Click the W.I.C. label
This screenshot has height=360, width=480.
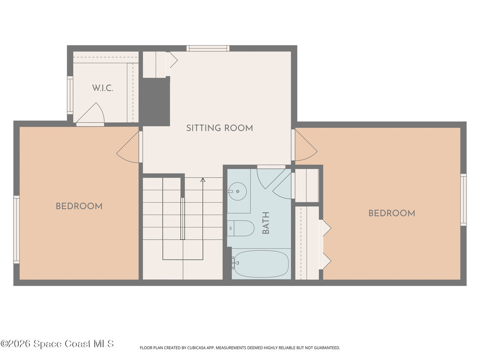(x=103, y=88)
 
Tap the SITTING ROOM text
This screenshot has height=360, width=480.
(x=219, y=128)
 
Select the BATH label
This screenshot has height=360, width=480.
(x=266, y=223)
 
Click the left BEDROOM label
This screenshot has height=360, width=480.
(x=79, y=206)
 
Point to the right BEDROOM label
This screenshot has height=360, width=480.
(x=392, y=213)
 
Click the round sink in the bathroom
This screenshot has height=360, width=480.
(x=238, y=191)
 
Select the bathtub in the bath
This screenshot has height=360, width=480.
(x=260, y=263)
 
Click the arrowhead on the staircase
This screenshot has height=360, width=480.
(x=202, y=180)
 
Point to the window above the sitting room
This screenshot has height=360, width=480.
(x=208, y=48)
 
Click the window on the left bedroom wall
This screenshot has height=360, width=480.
(x=16, y=229)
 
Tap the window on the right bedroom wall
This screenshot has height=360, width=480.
(x=464, y=200)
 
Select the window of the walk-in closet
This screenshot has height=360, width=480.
(x=70, y=95)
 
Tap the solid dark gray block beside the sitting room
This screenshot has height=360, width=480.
(x=156, y=101)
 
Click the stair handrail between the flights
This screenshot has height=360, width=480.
(x=183, y=218)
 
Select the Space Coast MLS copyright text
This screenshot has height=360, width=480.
(x=57, y=344)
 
